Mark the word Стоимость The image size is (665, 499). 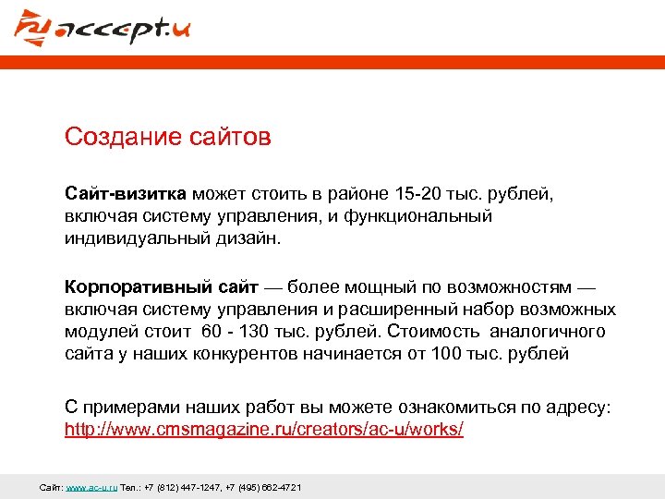pos(437,331)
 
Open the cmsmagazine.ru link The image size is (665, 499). pos(264,430)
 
